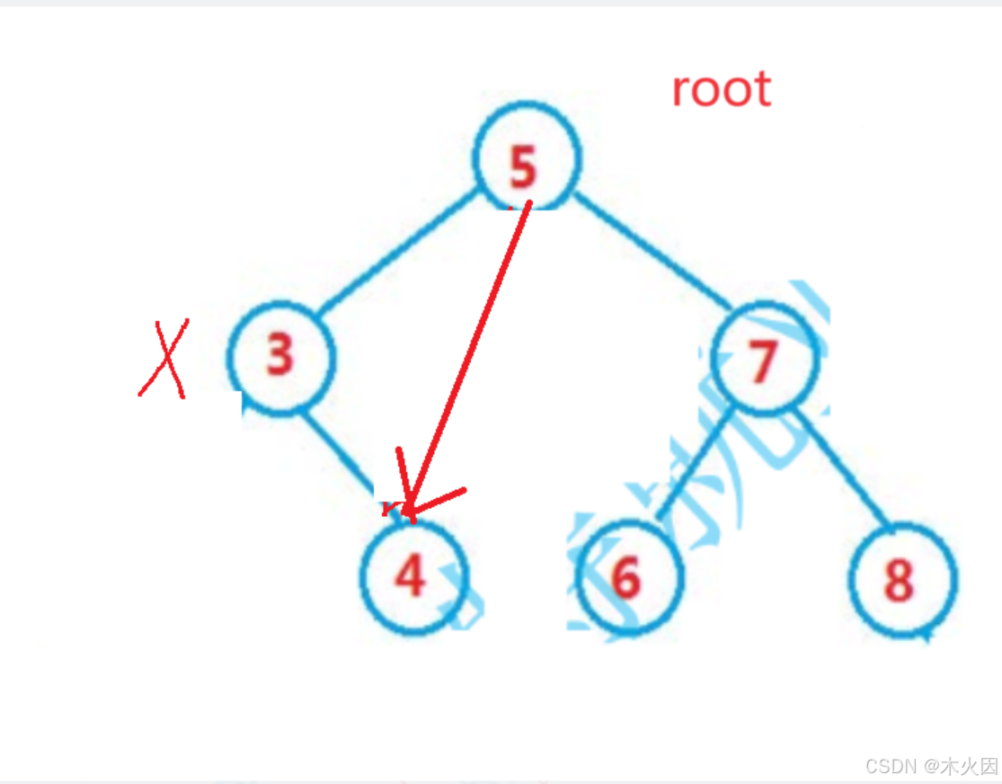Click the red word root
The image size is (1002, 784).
click(722, 89)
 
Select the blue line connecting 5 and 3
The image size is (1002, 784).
click(395, 252)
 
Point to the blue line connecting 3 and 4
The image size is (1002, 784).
click(340, 454)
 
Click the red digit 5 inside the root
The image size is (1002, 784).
click(522, 167)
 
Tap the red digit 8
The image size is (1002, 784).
click(899, 581)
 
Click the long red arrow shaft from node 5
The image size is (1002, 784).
click(472, 351)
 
